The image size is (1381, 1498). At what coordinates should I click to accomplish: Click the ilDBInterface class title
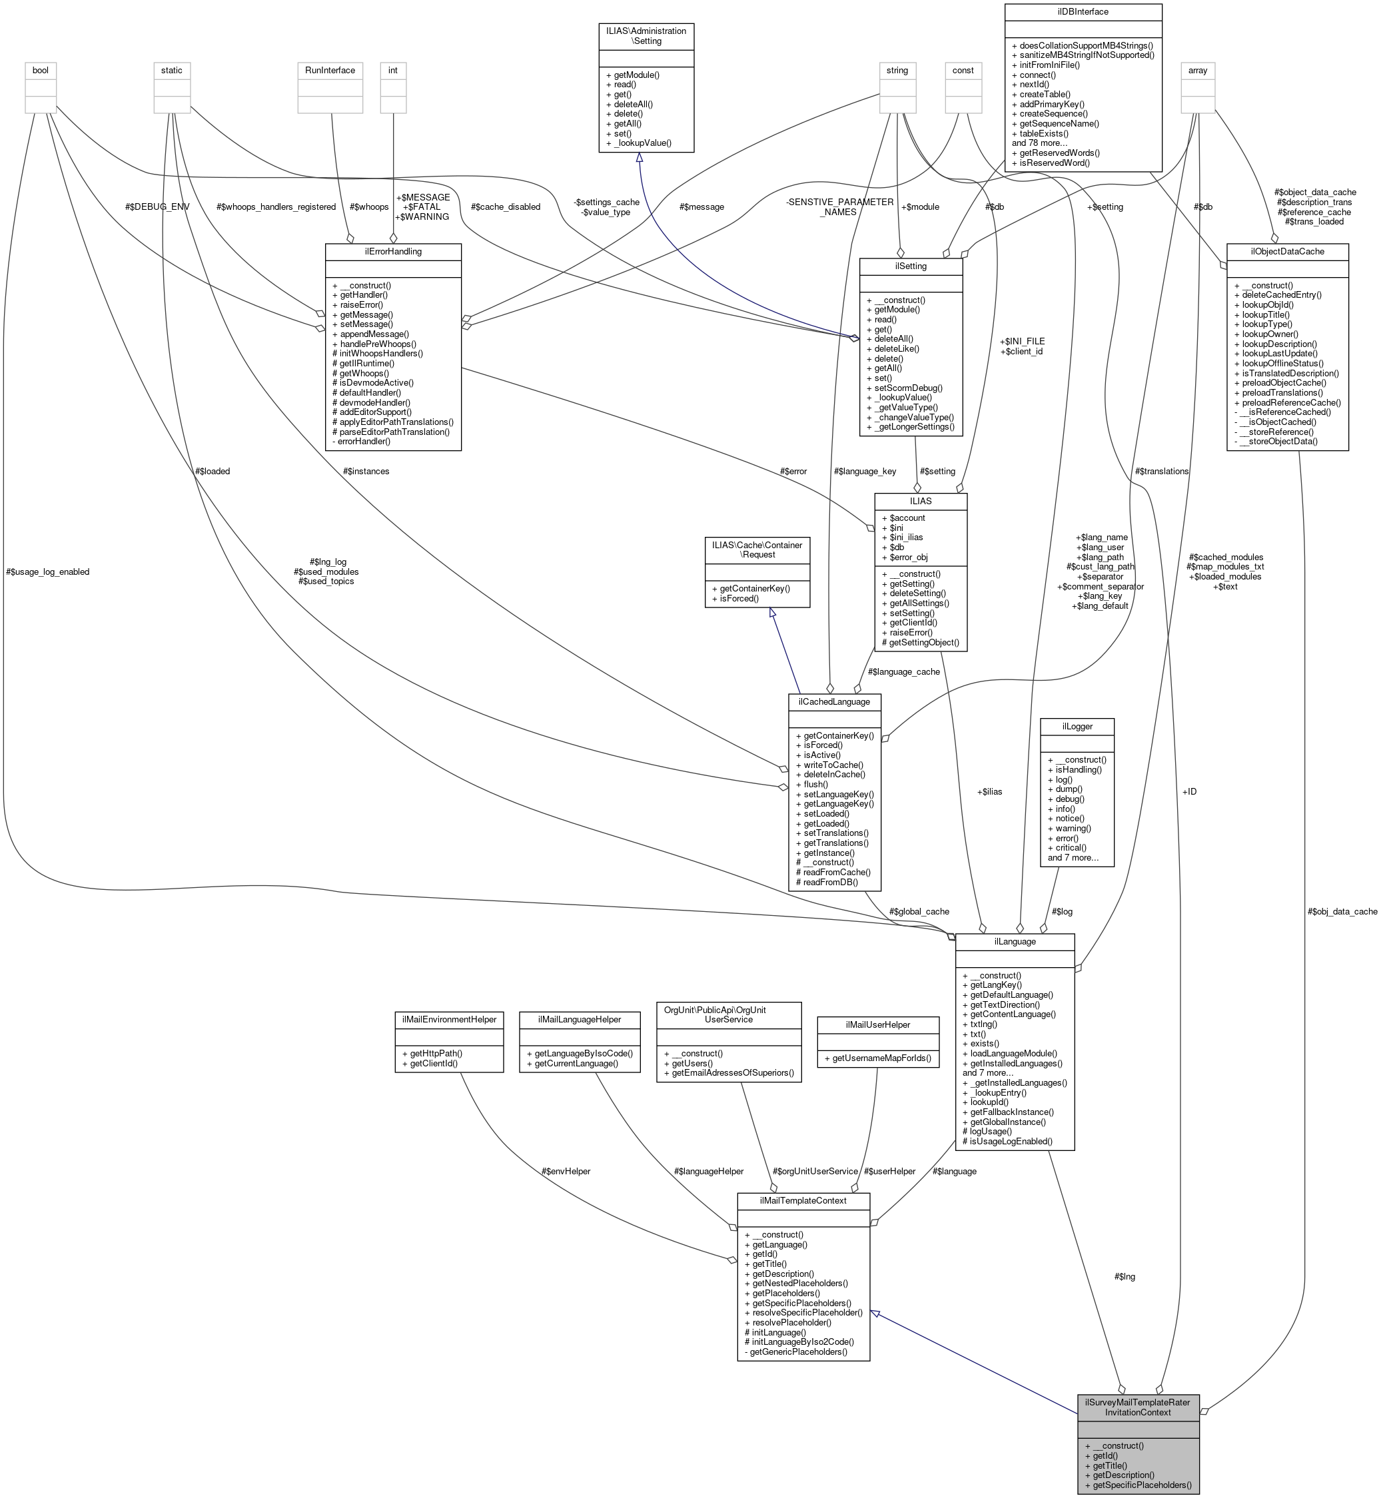(1083, 12)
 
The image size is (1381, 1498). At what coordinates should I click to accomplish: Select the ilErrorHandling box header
(393, 252)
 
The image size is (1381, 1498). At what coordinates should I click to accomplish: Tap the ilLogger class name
(1077, 725)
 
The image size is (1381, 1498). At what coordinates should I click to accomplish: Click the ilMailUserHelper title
(877, 1024)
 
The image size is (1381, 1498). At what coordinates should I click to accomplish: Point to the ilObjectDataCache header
(1287, 252)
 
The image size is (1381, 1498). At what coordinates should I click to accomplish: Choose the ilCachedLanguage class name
(834, 701)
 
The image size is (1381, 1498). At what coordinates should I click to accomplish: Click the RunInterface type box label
(330, 70)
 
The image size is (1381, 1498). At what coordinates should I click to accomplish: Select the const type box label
(963, 70)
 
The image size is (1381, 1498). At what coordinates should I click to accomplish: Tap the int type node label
(393, 70)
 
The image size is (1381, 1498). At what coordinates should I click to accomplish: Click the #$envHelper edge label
(566, 1171)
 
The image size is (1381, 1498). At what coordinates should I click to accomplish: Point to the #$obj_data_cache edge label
(1342, 911)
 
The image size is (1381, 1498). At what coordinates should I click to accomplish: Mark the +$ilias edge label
(989, 791)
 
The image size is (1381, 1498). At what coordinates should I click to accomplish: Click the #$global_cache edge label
(919, 911)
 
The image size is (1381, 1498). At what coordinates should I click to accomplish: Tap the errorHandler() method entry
(361, 442)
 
